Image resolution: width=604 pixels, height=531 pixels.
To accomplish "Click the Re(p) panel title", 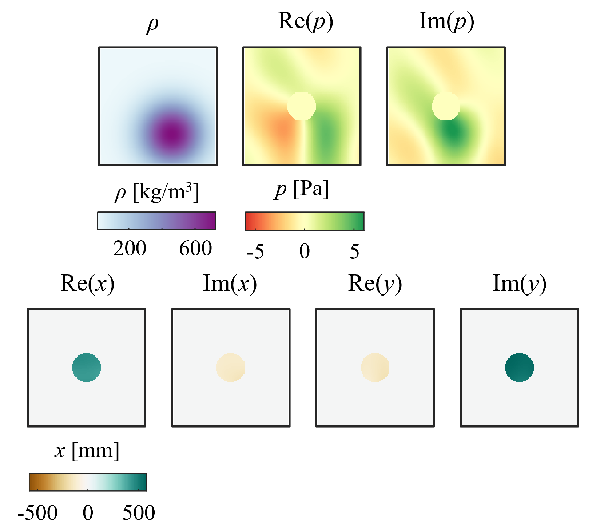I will [305, 22].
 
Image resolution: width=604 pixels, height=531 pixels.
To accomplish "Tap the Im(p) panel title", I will [446, 22].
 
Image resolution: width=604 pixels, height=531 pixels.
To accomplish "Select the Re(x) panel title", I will [87, 284].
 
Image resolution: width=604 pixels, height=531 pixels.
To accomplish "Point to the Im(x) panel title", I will [230, 284].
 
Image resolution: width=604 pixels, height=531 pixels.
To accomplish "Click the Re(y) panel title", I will [375, 284].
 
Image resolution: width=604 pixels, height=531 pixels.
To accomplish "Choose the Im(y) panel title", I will [519, 284].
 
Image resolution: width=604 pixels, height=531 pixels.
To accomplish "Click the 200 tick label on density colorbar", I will [130, 249].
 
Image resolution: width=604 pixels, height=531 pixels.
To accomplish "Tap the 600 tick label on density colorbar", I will [195, 249].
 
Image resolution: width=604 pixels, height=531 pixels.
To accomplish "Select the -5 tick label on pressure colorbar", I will [255, 251].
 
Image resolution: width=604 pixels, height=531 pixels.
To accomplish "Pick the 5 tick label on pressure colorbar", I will [354, 251].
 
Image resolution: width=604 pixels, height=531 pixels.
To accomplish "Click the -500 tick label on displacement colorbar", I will [37, 513].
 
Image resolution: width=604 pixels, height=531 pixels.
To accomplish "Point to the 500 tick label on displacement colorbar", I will [139, 513].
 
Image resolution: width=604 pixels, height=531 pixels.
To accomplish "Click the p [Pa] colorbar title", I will [302, 189].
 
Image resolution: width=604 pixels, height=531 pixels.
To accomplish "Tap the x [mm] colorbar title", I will [87, 451].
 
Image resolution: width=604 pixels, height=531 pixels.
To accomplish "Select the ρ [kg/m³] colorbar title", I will [157, 191].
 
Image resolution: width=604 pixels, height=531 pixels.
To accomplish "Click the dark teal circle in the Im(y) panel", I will [519, 368].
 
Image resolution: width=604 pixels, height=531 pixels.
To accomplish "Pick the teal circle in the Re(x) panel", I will [86, 368].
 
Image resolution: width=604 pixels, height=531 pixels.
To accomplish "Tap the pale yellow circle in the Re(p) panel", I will [302, 106].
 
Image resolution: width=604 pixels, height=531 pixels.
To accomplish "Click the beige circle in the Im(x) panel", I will [231, 368].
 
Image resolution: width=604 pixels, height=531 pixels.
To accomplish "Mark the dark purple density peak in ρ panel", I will [172, 134].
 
